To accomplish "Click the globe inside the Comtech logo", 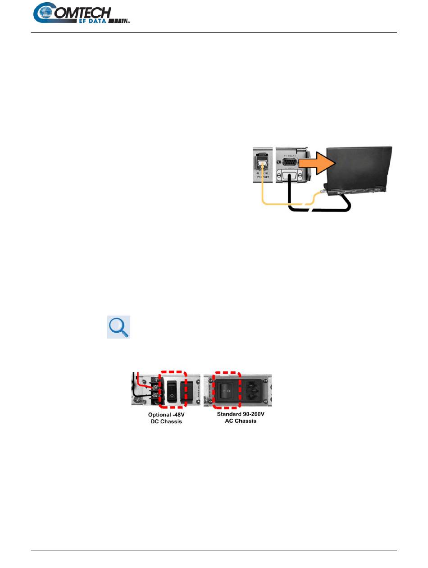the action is coord(46,13).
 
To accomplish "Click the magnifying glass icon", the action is coord(118,327).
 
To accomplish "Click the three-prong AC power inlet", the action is coord(255,390).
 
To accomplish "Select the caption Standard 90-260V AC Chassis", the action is coord(237,417).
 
